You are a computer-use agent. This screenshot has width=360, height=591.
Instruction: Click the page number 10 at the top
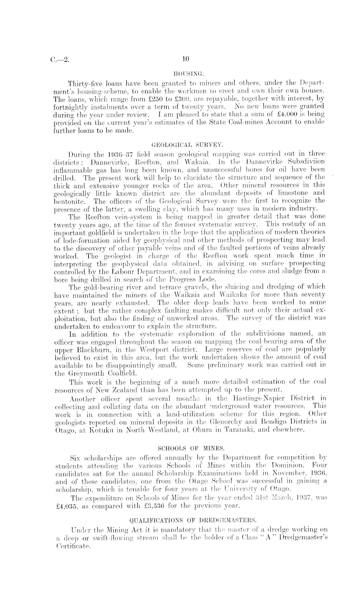click(185, 59)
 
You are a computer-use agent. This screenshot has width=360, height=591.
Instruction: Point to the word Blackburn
click(85, 349)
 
